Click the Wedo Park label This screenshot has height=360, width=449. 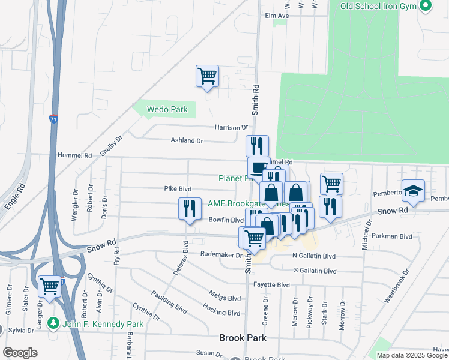pyautogui.click(x=168, y=109)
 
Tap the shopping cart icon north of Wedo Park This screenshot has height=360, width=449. pyautogui.click(x=207, y=77)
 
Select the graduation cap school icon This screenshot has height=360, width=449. pyautogui.click(x=413, y=191)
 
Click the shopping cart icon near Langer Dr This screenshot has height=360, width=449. pyautogui.click(x=49, y=286)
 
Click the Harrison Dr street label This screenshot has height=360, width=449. pyautogui.click(x=232, y=127)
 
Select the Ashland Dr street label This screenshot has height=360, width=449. pyautogui.click(x=187, y=140)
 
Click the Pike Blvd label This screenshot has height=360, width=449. pyautogui.click(x=178, y=188)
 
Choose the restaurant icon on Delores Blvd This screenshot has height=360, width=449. pyautogui.click(x=190, y=208)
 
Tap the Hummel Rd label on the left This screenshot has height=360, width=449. pyautogui.click(x=74, y=155)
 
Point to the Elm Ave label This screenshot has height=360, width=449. pyautogui.click(x=277, y=16)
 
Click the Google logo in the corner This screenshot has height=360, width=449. pyautogui.click(x=20, y=352)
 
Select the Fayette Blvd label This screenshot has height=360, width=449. pyautogui.click(x=272, y=284)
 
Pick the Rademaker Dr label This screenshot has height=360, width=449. pyautogui.click(x=220, y=254)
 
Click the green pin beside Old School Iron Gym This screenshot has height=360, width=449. pyautogui.click(x=426, y=6)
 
